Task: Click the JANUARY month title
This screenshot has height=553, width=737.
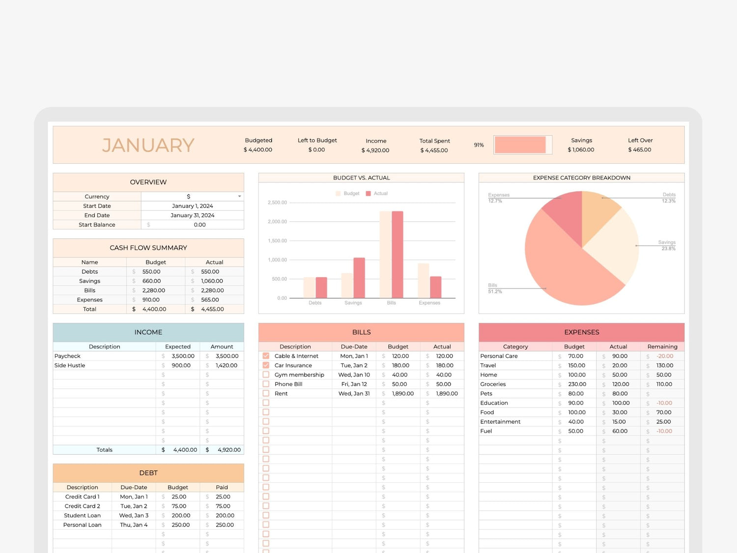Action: [148, 146]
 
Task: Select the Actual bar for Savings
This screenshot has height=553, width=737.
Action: [359, 278]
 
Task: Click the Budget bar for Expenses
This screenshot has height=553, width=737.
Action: [424, 281]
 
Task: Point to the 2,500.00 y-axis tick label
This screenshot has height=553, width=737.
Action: [277, 203]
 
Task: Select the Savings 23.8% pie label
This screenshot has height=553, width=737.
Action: [667, 245]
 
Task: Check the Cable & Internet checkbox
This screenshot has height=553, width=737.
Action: [266, 356]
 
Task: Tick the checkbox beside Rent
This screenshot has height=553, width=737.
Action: [266, 393]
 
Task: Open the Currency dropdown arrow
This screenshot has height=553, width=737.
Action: [239, 197]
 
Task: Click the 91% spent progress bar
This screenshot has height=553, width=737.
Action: [522, 145]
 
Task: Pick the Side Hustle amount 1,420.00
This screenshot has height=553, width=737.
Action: [227, 365]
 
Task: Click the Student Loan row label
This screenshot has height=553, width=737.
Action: [82, 516]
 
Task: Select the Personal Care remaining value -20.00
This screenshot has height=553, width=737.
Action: [665, 356]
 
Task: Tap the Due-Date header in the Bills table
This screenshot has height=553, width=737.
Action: [354, 347]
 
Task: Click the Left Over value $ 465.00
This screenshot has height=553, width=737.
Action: [640, 150]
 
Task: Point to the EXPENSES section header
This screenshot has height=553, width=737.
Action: [581, 332]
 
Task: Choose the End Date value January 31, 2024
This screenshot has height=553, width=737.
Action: [192, 215]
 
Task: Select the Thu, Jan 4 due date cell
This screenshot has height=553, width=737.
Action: [134, 525]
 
